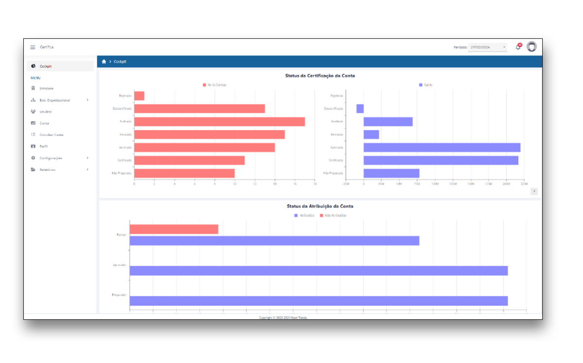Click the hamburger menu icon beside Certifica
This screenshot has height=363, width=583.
[x=33, y=47]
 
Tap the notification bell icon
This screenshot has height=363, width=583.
[x=518, y=47]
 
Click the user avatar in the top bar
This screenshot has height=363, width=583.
[x=532, y=47]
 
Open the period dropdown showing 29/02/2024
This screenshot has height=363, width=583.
[x=488, y=47]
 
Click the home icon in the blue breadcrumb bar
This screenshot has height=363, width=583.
[x=104, y=62]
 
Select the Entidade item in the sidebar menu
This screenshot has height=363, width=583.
[x=47, y=88]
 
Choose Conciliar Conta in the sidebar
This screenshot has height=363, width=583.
[x=51, y=135]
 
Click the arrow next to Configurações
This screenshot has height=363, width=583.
[x=87, y=158]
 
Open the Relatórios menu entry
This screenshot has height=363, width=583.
[x=48, y=170]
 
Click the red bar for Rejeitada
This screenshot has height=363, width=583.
[x=139, y=96]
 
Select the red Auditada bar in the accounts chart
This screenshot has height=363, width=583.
[x=219, y=121]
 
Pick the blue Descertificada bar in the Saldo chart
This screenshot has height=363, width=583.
[x=360, y=108]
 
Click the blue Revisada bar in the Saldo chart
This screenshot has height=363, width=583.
[x=371, y=135]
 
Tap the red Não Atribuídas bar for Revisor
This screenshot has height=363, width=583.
[x=174, y=229]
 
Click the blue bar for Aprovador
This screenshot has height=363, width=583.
[x=318, y=271]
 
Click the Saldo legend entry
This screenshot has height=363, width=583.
[x=426, y=85]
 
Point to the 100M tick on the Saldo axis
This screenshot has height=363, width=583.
[x=435, y=184]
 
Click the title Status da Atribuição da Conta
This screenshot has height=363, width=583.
[x=320, y=207]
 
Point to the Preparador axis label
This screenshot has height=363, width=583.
[x=120, y=295]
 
